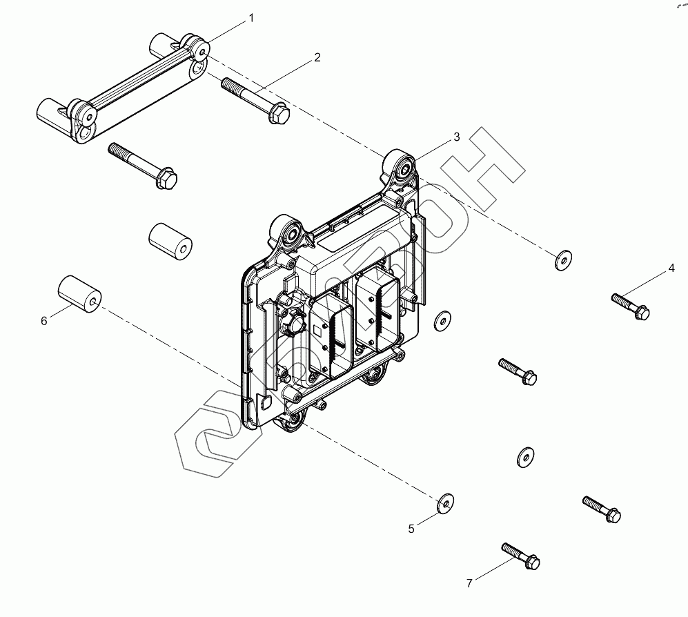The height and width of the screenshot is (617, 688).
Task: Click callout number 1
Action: click(x=251, y=18)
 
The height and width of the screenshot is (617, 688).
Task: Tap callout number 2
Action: click(x=317, y=57)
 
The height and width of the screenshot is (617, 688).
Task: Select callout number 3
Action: click(x=456, y=137)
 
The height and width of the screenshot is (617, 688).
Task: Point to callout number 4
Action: click(x=671, y=268)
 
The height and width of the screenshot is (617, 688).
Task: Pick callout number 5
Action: click(x=411, y=529)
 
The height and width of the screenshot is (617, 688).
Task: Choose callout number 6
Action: click(x=44, y=321)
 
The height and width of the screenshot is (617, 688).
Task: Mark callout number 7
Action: click(x=469, y=583)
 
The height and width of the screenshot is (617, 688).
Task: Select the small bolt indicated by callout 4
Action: click(x=631, y=306)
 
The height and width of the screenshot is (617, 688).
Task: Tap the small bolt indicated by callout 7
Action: click(x=521, y=556)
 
